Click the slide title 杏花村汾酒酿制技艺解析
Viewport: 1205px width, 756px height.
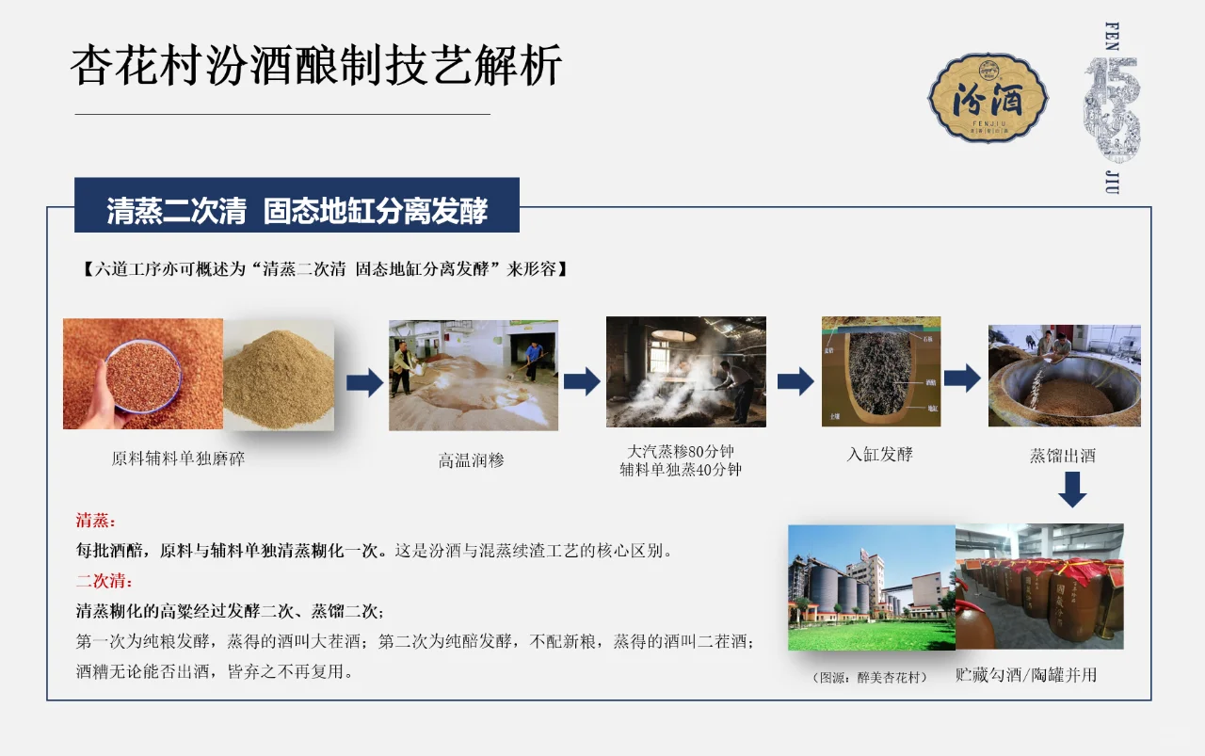click(316, 66)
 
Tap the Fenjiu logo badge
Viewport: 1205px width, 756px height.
click(988, 98)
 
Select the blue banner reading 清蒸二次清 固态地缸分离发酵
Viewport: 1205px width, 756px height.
click(297, 209)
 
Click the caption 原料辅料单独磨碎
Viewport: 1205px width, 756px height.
click(178, 459)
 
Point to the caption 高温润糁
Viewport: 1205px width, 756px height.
click(471, 460)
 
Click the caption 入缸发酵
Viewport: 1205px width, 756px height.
click(879, 454)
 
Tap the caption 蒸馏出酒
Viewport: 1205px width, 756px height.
click(1062, 456)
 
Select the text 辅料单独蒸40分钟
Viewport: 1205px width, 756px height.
click(680, 469)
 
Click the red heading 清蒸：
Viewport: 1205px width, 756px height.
click(96, 521)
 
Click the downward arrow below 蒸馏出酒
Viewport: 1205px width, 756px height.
click(1071, 489)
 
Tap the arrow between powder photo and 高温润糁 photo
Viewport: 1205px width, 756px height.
click(363, 382)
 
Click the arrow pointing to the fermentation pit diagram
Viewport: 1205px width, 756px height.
click(795, 380)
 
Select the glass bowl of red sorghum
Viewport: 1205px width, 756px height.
click(142, 376)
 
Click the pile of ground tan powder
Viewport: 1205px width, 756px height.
click(279, 378)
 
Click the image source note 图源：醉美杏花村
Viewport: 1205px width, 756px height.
click(870, 677)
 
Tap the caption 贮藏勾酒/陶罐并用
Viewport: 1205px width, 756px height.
click(1025, 675)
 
